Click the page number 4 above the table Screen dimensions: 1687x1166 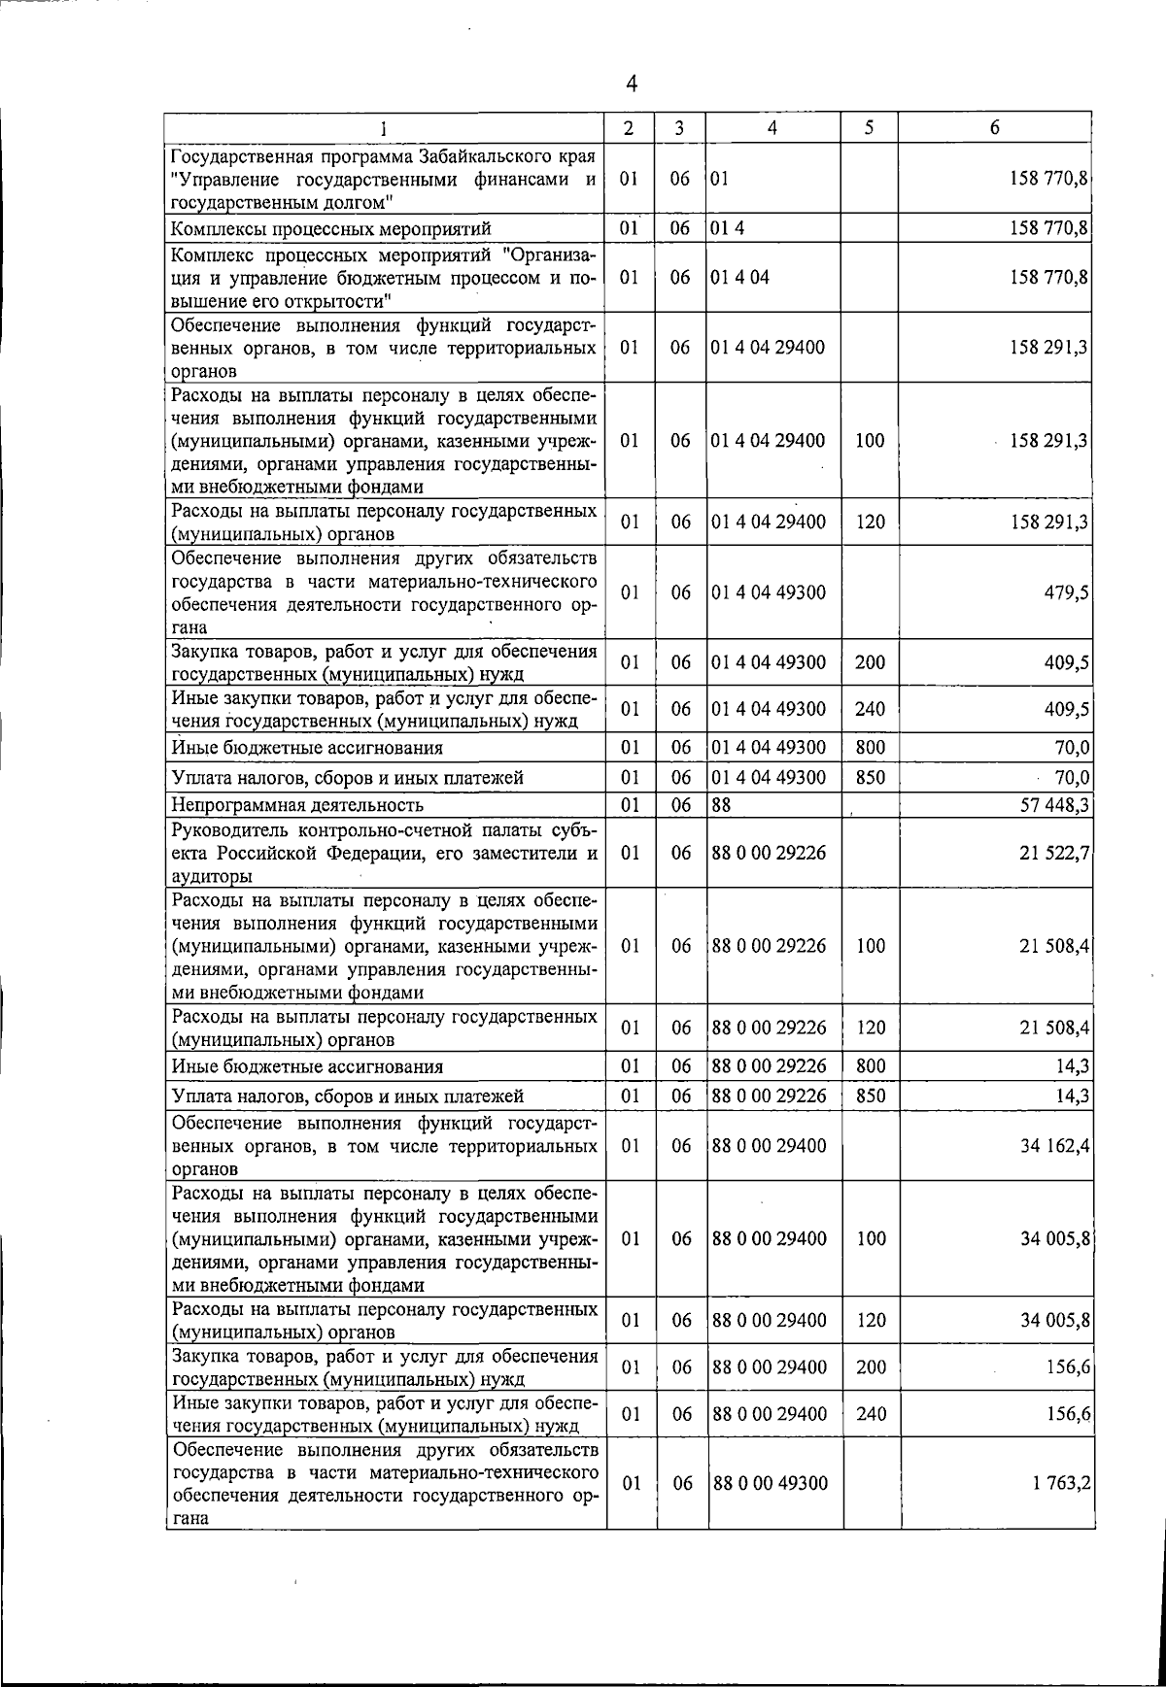pyautogui.click(x=632, y=84)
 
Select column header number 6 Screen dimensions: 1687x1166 pyautogui.click(x=994, y=127)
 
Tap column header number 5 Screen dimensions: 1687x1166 pyautogui.click(x=870, y=127)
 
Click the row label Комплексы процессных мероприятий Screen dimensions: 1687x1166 pyautogui.click(x=330, y=229)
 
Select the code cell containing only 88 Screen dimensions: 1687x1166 pyautogui.click(x=721, y=804)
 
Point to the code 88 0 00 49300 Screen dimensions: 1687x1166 pyautogui.click(x=770, y=1483)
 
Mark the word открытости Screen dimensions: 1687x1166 pyautogui.click(x=318, y=300)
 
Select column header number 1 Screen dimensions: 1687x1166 pyautogui.click(x=386, y=127)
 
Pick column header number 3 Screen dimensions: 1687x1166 pyautogui.click(x=680, y=127)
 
